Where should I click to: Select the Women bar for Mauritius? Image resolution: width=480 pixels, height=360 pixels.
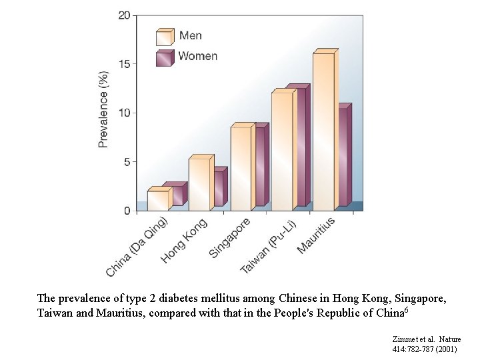[343, 157]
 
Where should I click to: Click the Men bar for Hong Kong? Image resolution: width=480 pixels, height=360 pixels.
[199, 184]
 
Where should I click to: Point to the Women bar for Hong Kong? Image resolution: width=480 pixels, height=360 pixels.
[219, 188]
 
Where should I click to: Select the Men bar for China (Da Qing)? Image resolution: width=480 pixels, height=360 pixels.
[157, 200]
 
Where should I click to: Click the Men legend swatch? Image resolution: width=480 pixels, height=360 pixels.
[164, 37]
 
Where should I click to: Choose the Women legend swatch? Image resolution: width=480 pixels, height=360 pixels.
[164, 57]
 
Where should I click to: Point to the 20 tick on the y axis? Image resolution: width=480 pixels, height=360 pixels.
[124, 15]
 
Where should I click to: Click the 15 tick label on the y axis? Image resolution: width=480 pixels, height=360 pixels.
[124, 64]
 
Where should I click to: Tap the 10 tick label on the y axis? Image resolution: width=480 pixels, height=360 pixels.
[124, 113]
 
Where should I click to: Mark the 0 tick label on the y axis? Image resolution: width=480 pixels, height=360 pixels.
[127, 211]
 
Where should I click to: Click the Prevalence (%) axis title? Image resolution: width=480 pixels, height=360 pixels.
[103, 109]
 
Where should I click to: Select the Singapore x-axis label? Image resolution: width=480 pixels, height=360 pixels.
[230, 238]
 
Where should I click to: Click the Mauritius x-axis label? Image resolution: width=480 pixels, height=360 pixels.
[316, 235]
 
